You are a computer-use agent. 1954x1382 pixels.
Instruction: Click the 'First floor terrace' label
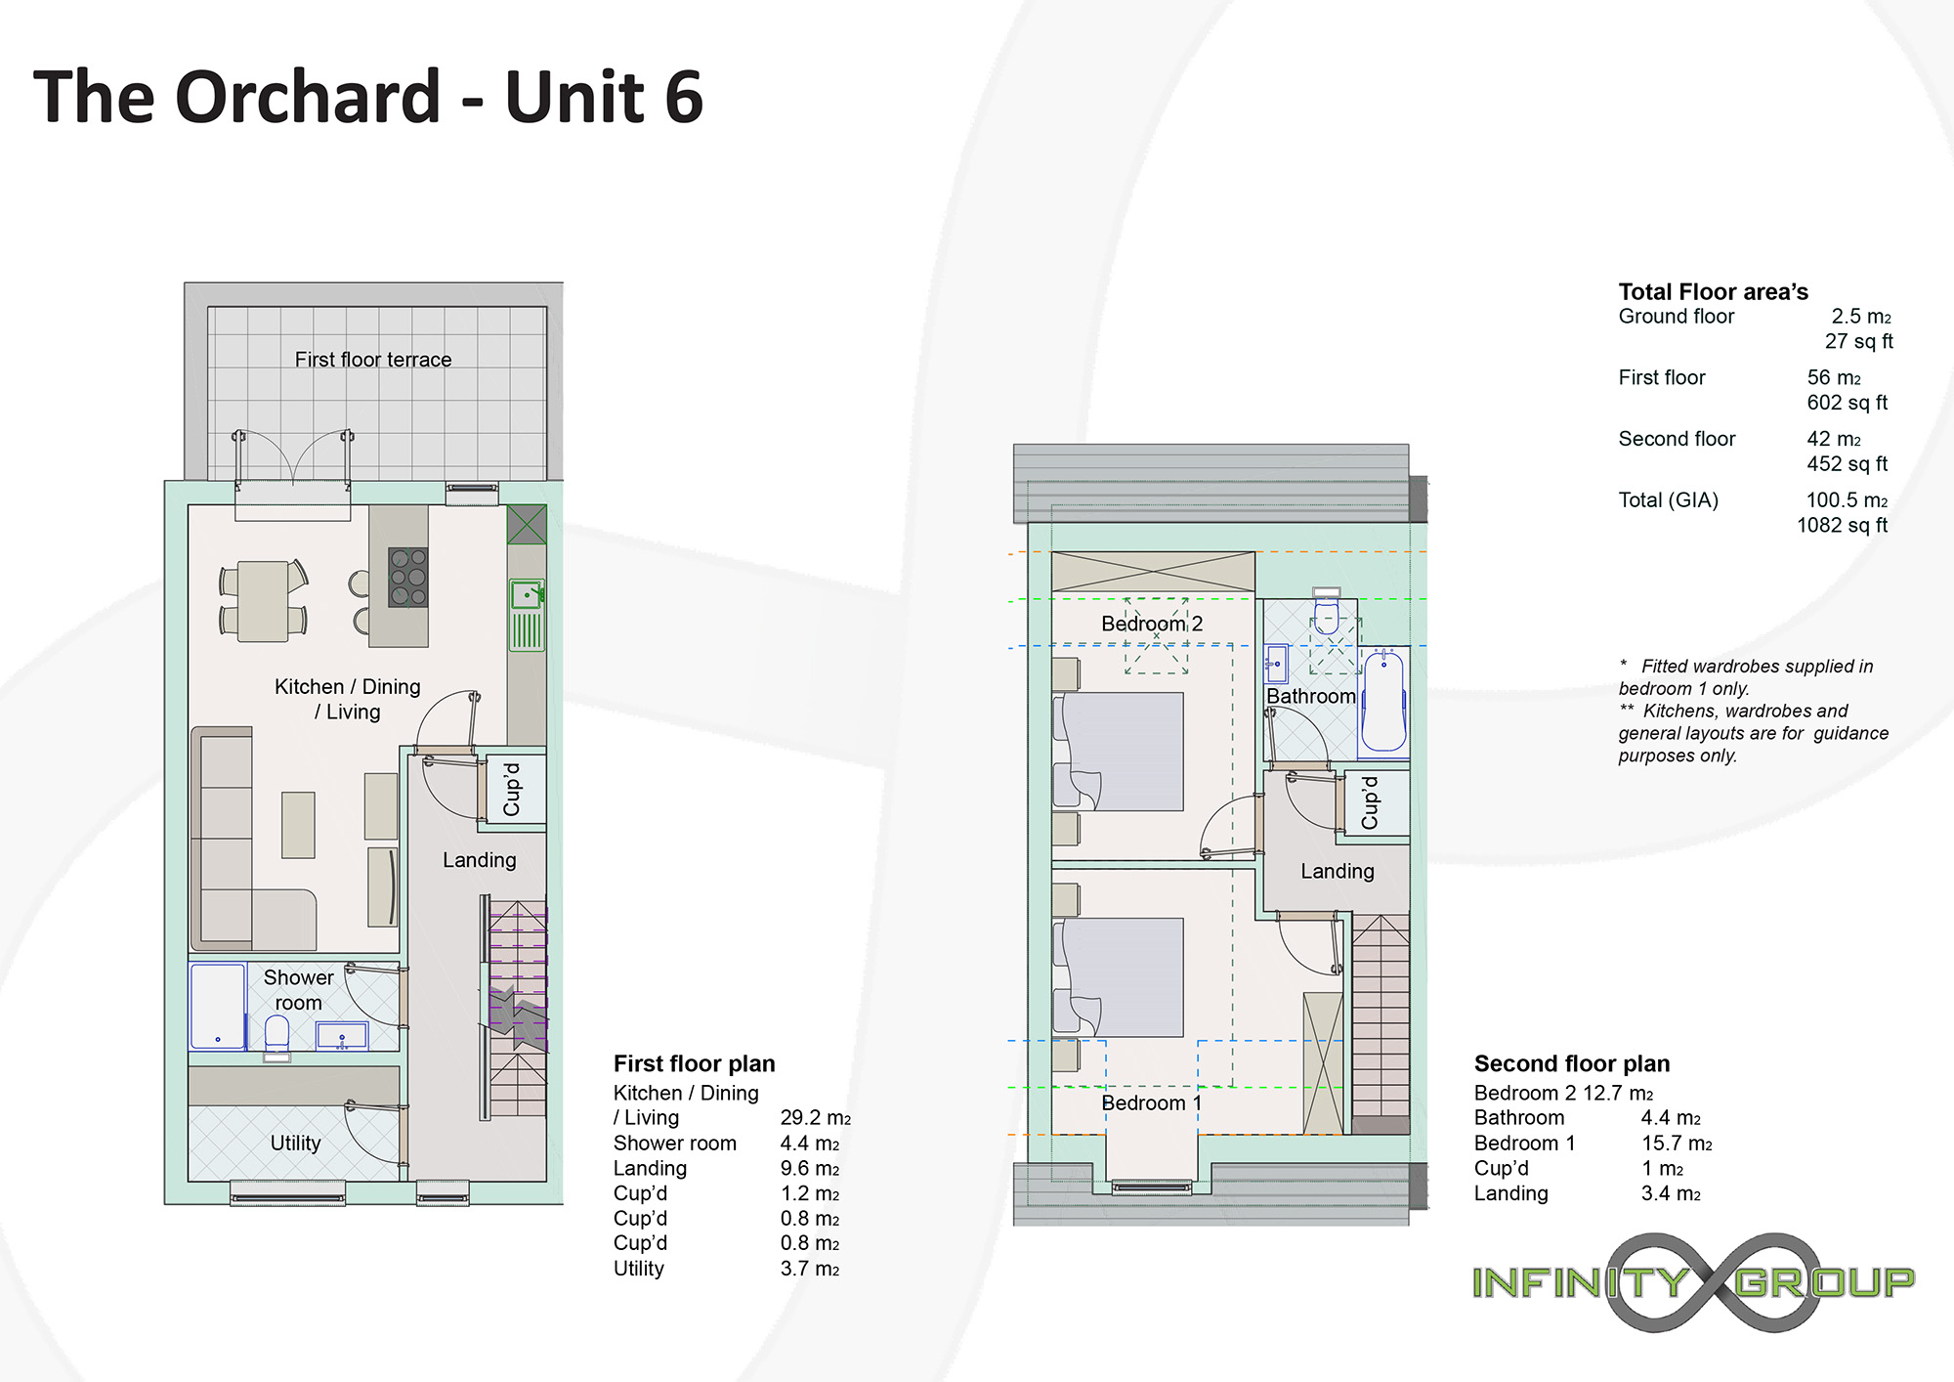point(373,360)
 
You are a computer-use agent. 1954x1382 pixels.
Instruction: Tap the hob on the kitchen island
point(408,577)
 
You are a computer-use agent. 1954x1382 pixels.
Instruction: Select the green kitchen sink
point(527,615)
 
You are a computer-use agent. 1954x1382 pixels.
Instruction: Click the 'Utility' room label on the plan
point(295,1144)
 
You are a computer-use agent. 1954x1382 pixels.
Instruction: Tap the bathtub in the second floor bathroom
point(1384,701)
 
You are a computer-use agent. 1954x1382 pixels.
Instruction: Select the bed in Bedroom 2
point(1121,752)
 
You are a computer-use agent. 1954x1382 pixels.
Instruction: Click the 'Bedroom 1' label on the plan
point(1151,1103)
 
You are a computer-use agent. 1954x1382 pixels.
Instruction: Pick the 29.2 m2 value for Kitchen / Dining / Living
point(816,1118)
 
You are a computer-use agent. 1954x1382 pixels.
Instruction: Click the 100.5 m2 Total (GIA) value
point(1847,500)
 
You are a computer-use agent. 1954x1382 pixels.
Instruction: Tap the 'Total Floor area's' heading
point(1713,292)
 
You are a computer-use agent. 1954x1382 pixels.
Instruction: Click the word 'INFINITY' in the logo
point(1581,1282)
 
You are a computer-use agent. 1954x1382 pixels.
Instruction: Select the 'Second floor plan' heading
point(1572,1063)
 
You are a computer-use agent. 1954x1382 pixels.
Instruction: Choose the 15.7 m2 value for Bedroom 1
point(1677,1144)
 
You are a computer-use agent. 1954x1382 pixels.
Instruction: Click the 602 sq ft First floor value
point(1847,403)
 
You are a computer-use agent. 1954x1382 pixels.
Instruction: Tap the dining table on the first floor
point(263,601)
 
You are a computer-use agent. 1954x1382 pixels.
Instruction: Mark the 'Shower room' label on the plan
point(298,990)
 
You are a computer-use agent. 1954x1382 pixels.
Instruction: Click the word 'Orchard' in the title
point(308,98)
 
